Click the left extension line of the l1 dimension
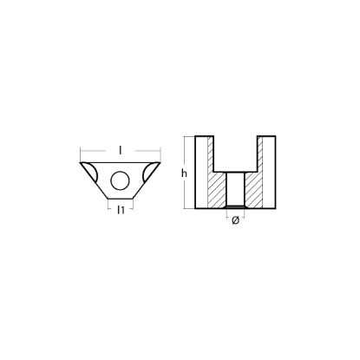click(x=108, y=206)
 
